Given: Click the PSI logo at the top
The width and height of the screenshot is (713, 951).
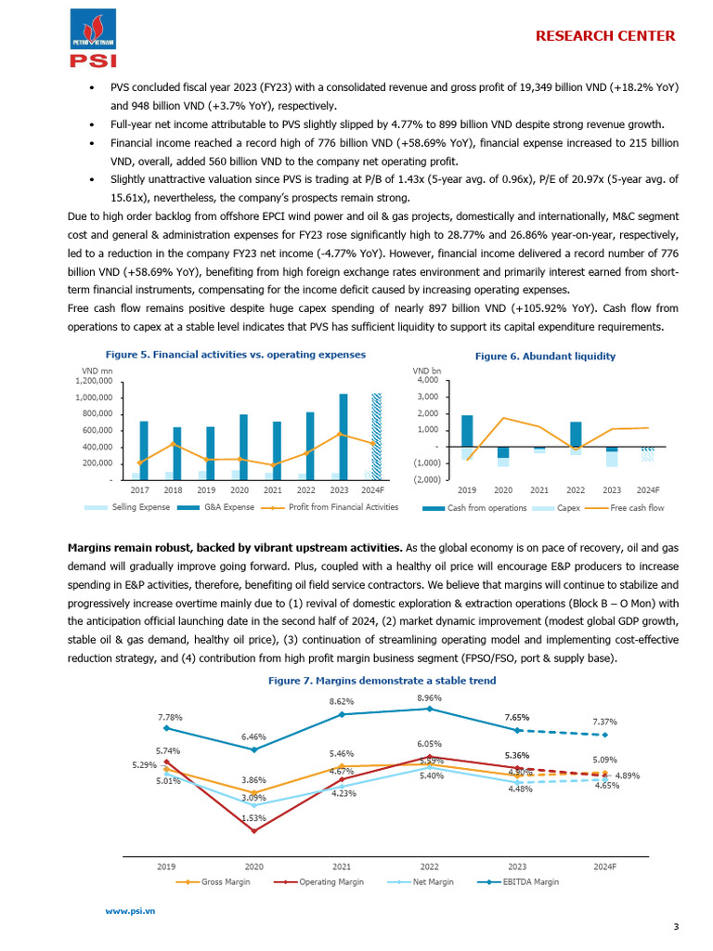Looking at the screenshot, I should [93, 38].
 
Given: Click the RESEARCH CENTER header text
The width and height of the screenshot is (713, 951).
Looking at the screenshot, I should [605, 36].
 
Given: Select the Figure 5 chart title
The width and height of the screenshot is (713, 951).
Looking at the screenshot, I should [235, 355].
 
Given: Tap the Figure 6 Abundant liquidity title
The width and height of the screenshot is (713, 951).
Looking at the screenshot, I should [545, 356].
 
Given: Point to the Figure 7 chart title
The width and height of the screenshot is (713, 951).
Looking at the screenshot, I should [382, 681].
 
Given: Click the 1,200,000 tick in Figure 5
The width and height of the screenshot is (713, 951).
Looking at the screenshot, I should [94, 381].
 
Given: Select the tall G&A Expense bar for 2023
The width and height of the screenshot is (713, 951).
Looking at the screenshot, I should [344, 436].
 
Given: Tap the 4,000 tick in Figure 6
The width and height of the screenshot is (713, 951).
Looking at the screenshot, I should [428, 381].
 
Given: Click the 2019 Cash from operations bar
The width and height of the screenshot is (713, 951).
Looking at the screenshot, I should [467, 430].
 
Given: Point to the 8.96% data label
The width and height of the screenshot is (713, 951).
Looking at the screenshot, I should [429, 697].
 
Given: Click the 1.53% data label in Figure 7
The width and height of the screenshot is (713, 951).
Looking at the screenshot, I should [253, 817].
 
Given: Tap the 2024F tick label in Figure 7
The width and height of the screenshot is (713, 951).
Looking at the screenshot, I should [604, 866].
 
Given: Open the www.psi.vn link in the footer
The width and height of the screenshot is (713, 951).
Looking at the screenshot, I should [130, 911].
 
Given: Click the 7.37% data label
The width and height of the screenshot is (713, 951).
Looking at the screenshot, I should [604, 722].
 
